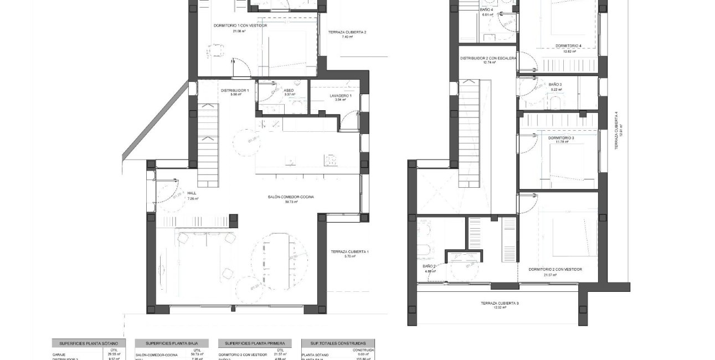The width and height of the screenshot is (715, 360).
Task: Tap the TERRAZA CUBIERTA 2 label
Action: pyautogui.click(x=347, y=32)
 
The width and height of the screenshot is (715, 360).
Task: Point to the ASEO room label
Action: pyautogui.click(x=289, y=90)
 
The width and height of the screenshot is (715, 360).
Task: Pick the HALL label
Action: pyautogui.click(x=192, y=193)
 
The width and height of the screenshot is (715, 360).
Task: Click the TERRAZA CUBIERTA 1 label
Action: pyautogui.click(x=349, y=252)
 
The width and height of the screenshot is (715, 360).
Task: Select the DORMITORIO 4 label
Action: pyautogui.click(x=568, y=46)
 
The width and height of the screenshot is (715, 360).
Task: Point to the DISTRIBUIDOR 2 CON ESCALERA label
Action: pyautogui.click(x=488, y=58)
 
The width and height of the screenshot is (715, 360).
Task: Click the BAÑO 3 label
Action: pyautogui.click(x=556, y=85)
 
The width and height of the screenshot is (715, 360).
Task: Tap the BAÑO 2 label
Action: pyautogui.click(x=429, y=266)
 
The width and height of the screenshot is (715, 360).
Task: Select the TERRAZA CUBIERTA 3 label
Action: pyautogui.click(x=500, y=304)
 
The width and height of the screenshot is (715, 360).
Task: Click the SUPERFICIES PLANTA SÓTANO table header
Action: pyautogui.click(x=89, y=343)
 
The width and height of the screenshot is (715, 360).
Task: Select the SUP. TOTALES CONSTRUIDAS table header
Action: pyautogui.click(x=337, y=343)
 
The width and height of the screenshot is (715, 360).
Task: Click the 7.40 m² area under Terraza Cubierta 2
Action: pyautogui.click(x=347, y=37)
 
